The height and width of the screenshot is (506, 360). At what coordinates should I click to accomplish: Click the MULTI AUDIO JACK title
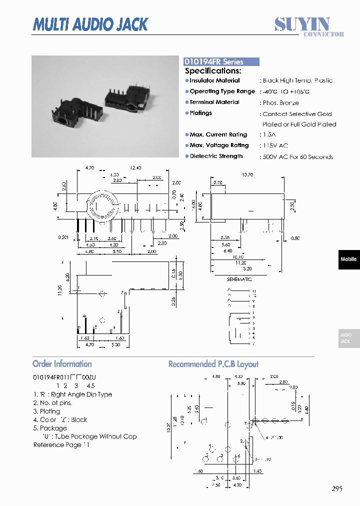click(90, 24)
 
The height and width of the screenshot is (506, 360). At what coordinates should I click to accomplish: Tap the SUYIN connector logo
click(308, 26)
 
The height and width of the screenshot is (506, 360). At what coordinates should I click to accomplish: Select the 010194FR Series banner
click(221, 62)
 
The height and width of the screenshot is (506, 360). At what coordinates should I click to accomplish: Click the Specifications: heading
click(213, 71)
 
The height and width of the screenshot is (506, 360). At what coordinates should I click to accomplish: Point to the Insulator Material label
click(214, 80)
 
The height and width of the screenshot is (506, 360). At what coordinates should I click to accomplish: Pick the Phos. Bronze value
click(280, 103)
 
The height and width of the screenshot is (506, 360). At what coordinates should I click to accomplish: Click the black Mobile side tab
click(348, 259)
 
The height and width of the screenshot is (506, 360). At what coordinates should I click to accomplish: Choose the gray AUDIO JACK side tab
click(348, 338)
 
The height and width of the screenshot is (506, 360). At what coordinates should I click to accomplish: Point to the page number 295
click(337, 489)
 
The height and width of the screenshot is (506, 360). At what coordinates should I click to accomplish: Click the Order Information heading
click(62, 364)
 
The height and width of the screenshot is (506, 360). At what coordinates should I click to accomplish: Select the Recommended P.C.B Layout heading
click(213, 364)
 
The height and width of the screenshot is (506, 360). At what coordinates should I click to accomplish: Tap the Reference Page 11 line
click(61, 445)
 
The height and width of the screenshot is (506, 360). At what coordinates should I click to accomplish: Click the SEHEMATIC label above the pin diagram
click(239, 279)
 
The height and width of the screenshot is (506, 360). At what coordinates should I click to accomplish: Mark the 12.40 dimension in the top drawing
click(136, 168)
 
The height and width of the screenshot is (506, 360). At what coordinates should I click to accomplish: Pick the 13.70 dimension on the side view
click(247, 175)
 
